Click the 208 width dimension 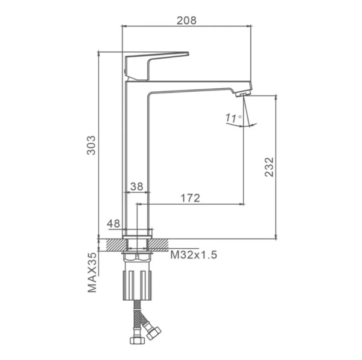(x=186, y=21)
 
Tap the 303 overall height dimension (x=91, y=145)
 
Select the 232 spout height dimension (x=269, y=167)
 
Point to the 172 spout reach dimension (x=190, y=198)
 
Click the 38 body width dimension (x=137, y=186)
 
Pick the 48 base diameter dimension (x=113, y=223)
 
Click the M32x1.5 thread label (x=194, y=255)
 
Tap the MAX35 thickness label (x=92, y=272)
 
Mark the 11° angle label (x=233, y=118)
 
